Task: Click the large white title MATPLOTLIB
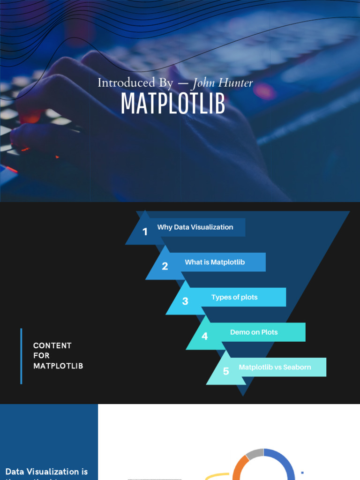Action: click(173, 104)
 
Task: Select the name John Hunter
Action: click(223, 83)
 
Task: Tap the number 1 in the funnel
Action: click(145, 232)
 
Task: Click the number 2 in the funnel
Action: click(165, 266)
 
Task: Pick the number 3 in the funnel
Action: click(185, 301)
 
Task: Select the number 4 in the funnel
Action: click(205, 336)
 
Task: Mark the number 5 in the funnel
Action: click(226, 371)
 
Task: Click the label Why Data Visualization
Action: click(195, 227)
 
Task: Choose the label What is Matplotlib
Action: click(215, 262)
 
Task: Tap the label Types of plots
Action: click(234, 297)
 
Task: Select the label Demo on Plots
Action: click(254, 332)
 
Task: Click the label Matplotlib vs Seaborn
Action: click(275, 367)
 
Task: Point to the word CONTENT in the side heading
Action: click(52, 345)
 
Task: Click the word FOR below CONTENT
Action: click(41, 356)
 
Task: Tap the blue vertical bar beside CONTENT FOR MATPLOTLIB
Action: click(21, 356)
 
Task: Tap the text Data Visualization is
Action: click(46, 472)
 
